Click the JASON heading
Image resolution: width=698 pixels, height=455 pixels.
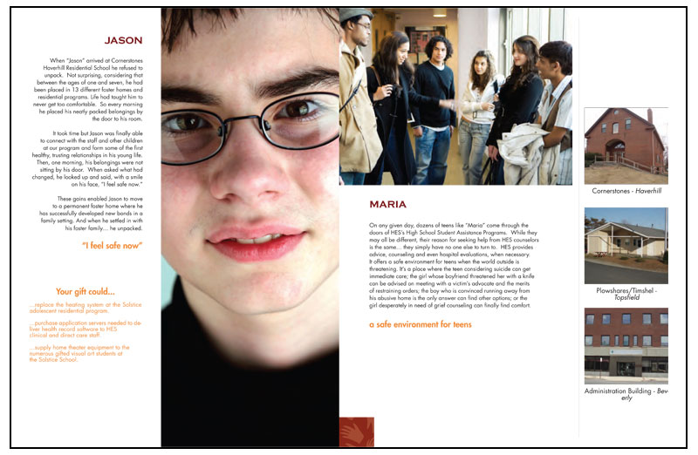[123, 40]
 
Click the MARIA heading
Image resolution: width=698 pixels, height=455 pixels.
[387, 204]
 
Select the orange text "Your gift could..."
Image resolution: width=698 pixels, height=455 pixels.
[85, 292]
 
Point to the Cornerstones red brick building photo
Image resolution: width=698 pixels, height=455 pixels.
[626, 146]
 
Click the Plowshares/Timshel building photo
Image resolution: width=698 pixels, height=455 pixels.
[626, 245]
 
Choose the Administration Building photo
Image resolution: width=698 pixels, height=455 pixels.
[626, 345]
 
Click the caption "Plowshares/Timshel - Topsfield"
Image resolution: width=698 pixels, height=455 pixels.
[626, 294]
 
